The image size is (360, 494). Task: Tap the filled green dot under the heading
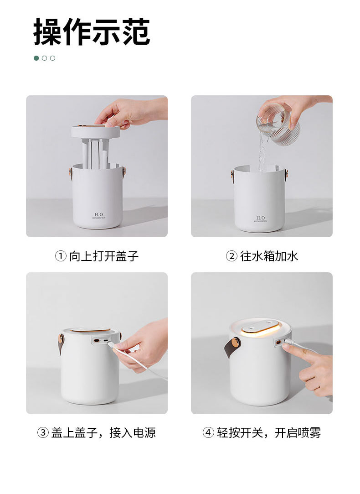[36, 58]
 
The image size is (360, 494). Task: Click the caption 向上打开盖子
[103, 256]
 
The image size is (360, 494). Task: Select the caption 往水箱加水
[269, 256]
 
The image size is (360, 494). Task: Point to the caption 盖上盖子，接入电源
[103, 432]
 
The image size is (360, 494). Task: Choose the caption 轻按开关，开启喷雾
[269, 432]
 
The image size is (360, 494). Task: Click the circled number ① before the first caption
[61, 256]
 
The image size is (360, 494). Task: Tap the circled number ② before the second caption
[231, 256]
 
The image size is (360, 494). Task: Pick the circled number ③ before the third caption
[43, 432]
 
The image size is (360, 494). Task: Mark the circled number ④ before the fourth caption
[208, 432]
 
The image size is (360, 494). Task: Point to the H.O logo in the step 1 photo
[98, 215]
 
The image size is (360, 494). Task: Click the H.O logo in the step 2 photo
[260, 218]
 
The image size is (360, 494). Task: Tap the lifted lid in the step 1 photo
[95, 131]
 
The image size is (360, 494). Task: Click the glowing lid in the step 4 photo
[259, 328]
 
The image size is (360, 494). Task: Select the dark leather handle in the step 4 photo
[230, 349]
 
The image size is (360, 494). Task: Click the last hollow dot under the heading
[52, 58]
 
